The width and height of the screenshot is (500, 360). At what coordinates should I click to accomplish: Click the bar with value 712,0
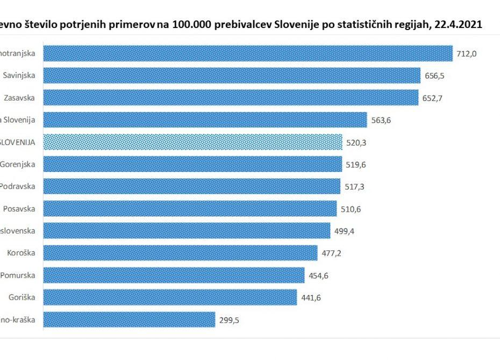click(247, 53)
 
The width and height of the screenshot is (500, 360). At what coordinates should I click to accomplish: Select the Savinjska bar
click(231, 75)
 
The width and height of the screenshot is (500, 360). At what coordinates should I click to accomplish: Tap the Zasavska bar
click(230, 98)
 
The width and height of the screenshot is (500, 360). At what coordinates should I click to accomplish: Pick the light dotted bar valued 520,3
click(192, 142)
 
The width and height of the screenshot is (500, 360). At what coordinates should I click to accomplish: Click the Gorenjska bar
click(192, 164)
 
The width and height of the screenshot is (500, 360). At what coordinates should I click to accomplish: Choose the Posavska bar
click(189, 208)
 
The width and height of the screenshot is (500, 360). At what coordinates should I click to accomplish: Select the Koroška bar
click(180, 253)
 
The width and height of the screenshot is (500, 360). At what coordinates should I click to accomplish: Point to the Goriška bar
click(169, 297)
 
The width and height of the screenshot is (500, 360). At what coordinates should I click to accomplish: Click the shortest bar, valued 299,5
click(129, 319)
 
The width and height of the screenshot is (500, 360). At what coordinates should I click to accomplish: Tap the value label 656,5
click(435, 76)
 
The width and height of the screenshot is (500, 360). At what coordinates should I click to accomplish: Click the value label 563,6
click(381, 120)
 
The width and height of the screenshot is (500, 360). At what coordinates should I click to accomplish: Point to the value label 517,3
click(355, 187)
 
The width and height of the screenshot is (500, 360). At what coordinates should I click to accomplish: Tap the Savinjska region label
click(20, 75)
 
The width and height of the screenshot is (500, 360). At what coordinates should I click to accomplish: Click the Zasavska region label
click(20, 98)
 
